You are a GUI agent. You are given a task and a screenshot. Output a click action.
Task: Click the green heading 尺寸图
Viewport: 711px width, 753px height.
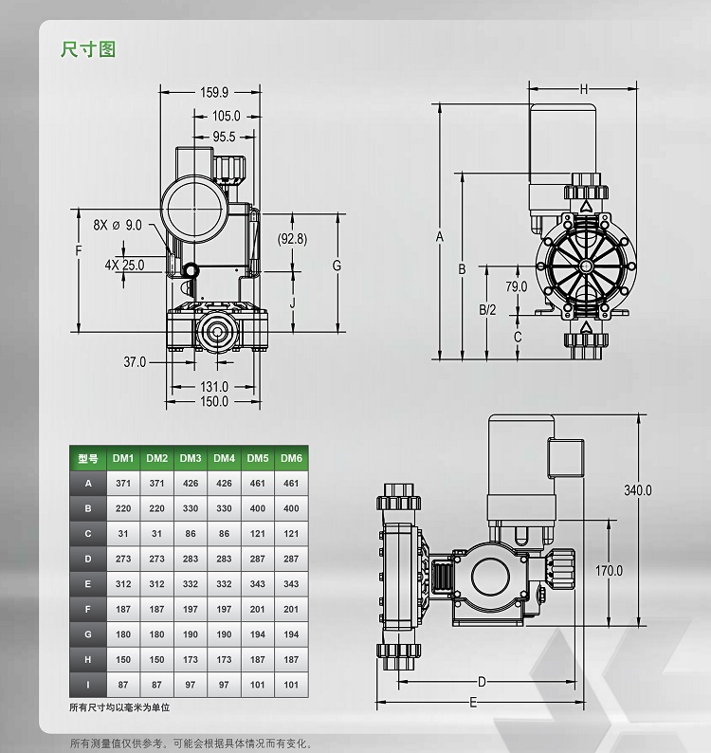pyautogui.click(x=88, y=49)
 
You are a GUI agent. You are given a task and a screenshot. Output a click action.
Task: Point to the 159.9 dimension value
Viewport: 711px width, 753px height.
pyautogui.click(x=214, y=92)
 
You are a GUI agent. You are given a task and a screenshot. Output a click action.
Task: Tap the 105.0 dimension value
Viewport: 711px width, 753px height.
pyautogui.click(x=227, y=116)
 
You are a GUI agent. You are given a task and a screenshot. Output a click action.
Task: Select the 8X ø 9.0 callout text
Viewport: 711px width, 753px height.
pyautogui.click(x=118, y=225)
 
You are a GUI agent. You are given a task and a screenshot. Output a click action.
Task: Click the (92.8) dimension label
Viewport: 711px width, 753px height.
pyautogui.click(x=292, y=239)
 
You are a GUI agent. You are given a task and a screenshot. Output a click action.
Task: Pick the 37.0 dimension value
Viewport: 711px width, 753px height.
pyautogui.click(x=135, y=361)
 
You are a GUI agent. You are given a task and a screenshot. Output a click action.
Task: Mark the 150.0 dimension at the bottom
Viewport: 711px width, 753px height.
pyautogui.click(x=214, y=401)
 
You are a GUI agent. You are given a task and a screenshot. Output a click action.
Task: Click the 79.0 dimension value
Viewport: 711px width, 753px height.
pyautogui.click(x=516, y=286)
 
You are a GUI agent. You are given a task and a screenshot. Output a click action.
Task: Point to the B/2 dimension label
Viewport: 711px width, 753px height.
pyautogui.click(x=487, y=310)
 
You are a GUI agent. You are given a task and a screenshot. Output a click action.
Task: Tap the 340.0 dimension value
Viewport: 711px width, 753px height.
pyautogui.click(x=638, y=490)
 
